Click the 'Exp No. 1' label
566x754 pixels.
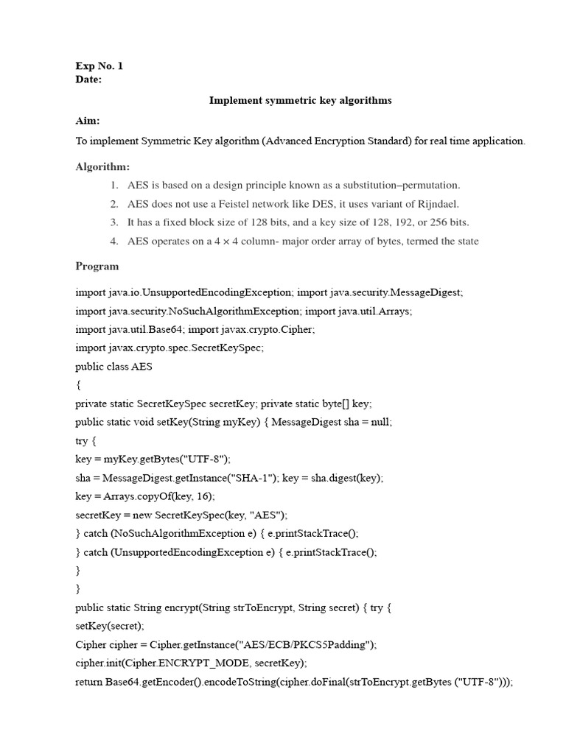click(x=99, y=66)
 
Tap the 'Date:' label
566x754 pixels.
click(x=88, y=80)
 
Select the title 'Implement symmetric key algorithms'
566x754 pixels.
click(x=301, y=100)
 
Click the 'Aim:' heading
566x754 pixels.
click(x=88, y=120)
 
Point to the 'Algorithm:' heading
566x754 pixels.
click(x=102, y=167)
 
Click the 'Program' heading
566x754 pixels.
click(x=97, y=266)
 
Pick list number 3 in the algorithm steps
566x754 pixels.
click(x=114, y=222)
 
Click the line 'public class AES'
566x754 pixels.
click(x=114, y=367)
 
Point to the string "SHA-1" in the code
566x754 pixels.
click(x=248, y=478)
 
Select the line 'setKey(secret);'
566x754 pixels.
click(x=110, y=627)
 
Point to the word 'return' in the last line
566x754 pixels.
click(x=89, y=682)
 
